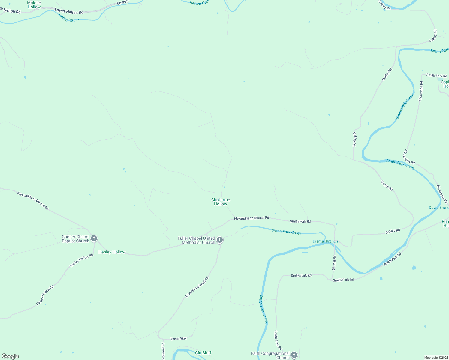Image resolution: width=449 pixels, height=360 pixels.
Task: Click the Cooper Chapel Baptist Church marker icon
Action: [94, 238]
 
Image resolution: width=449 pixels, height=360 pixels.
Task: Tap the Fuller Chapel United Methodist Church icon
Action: [220, 240]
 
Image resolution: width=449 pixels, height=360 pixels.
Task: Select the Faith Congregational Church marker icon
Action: [294, 355]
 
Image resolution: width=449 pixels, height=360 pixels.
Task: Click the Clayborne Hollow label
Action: [221, 202]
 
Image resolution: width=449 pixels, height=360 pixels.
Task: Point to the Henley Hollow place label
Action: [112, 252]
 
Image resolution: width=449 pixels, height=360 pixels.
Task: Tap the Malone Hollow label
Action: [34, 5]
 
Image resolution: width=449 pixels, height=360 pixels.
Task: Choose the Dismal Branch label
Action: [325, 241]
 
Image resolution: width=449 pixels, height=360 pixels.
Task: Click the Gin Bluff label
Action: [203, 353]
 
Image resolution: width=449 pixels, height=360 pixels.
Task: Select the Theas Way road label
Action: [179, 339]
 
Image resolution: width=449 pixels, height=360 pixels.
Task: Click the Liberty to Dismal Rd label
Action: [197, 287]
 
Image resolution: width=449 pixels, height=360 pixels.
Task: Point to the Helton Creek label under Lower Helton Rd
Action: [69, 18]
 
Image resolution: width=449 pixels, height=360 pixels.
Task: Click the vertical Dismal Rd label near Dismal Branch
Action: [334, 263]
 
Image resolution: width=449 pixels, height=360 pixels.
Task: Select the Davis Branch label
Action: [438, 208]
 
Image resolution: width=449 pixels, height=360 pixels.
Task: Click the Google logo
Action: [10, 356]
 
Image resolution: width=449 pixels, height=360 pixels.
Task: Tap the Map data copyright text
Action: [436, 358]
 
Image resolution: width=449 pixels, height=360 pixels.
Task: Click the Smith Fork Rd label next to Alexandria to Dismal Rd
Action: [300, 221]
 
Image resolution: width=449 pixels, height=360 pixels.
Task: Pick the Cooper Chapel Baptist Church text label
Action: [76, 239]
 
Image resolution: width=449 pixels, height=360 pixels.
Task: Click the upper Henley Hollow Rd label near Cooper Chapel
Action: [81, 261]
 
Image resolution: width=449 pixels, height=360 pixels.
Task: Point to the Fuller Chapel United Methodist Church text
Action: [196, 240]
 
